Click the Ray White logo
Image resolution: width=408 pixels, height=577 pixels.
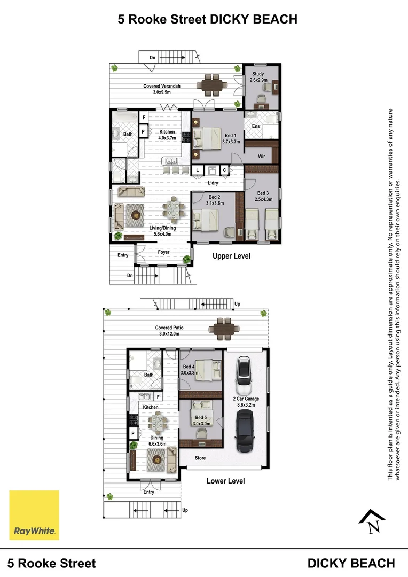34,515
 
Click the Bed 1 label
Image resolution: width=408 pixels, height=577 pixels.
231,139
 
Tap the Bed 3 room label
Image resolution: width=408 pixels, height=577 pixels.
264,196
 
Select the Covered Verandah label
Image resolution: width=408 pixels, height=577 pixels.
162,89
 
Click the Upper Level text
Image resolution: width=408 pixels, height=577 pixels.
231,256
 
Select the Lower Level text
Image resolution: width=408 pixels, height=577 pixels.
225,481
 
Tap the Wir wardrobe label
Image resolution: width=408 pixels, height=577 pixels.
262,157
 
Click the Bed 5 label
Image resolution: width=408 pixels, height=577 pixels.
201,420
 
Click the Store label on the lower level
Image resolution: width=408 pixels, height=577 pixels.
200,458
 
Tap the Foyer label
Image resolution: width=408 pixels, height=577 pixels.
163,252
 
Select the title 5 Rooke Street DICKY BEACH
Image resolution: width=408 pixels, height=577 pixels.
207,20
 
